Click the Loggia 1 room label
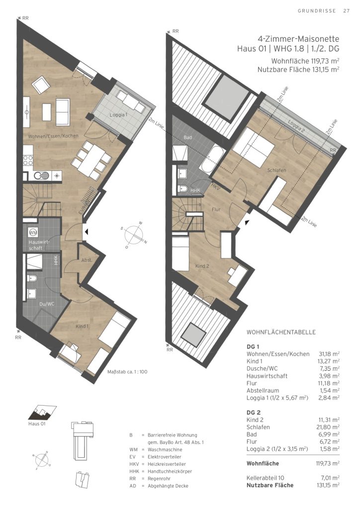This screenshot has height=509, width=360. click(118, 115)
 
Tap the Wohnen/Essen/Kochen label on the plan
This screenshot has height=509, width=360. click(53, 136)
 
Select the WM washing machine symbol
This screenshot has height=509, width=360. click(33, 233)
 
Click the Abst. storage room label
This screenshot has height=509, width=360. click(87, 260)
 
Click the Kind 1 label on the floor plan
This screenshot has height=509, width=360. click(82, 326)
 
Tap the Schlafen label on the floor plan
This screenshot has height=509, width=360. click(276, 170)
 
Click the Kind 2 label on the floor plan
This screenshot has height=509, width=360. click(202, 266)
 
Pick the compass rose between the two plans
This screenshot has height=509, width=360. click(134, 235)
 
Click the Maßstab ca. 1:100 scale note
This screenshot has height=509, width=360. click(127, 372)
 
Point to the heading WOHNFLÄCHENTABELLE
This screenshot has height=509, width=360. click(281, 333)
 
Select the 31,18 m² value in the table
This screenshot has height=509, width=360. click(328, 354)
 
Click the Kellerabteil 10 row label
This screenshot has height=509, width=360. click(265, 478)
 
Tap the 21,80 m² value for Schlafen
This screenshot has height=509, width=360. click(328, 427)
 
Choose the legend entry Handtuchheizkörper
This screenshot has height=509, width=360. click(170, 471)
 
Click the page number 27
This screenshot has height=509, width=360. click(347, 11)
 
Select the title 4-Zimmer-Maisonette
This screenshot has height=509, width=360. click(298, 39)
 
